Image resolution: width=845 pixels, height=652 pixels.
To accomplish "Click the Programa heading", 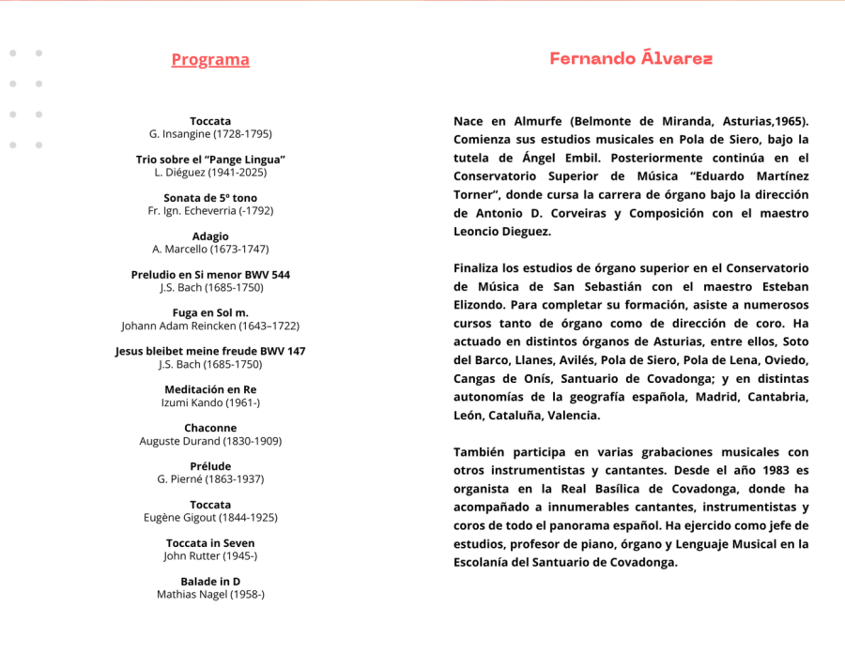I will click(x=210, y=60).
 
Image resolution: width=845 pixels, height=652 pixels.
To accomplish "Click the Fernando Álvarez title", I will click(x=631, y=59).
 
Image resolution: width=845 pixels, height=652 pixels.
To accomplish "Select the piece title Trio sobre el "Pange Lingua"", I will click(x=210, y=159).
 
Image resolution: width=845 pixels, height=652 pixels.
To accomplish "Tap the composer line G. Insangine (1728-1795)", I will click(x=210, y=134).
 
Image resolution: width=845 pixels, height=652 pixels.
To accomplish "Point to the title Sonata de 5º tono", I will click(x=210, y=198).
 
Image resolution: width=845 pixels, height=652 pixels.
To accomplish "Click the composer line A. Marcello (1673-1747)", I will click(x=210, y=250).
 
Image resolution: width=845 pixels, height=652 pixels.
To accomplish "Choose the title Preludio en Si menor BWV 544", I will click(x=210, y=275).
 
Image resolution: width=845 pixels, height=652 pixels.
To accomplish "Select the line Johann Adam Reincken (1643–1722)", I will click(x=210, y=326).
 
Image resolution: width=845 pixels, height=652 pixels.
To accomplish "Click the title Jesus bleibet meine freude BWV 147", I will click(x=210, y=351).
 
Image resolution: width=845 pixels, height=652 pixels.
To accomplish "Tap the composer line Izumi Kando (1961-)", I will click(x=210, y=402).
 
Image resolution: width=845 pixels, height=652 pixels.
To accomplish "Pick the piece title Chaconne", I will click(x=210, y=428).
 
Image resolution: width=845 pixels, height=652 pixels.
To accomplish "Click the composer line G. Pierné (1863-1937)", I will click(x=210, y=479).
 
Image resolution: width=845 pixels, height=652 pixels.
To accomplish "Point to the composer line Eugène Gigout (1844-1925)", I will click(x=210, y=517).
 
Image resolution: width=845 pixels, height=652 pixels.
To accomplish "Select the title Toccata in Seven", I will click(x=210, y=543).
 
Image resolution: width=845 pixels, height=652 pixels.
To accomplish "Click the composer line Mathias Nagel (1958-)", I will click(x=210, y=594).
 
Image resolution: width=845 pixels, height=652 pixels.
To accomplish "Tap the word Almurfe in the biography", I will click(x=539, y=121).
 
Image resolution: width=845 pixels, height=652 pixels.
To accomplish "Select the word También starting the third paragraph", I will click(x=482, y=452).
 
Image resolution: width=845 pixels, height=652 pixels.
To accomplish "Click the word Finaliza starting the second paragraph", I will click(x=481, y=268).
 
